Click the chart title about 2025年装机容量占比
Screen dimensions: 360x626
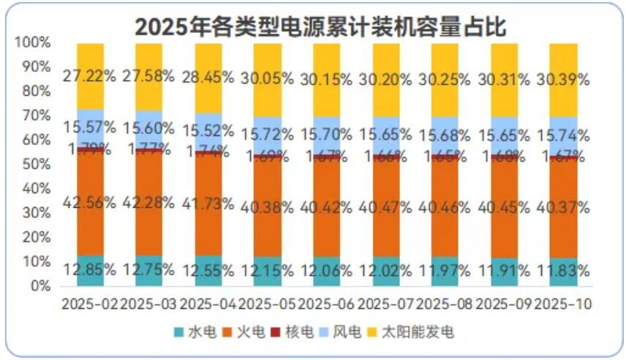(320, 26)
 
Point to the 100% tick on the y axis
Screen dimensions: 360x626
(32, 43)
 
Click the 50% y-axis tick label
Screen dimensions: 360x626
(35, 165)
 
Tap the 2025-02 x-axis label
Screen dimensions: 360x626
(90, 302)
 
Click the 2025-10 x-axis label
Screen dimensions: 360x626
(563, 302)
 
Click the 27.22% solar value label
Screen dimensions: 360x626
(90, 77)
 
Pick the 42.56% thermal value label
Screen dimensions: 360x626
(90, 207)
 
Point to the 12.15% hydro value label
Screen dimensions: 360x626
(268, 271)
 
